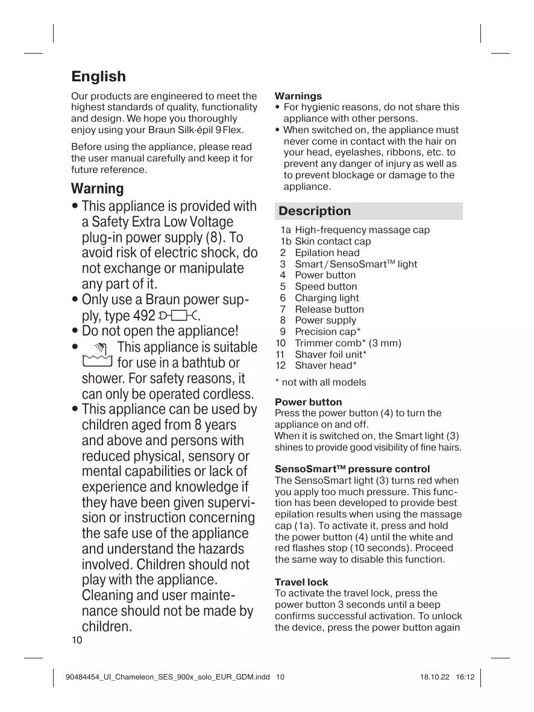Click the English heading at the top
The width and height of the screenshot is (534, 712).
pos(99,77)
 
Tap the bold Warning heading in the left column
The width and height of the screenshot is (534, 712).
pos(97,189)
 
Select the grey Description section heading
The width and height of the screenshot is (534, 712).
pos(315,211)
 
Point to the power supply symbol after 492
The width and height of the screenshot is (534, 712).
pos(178,316)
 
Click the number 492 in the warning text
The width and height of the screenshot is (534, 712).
pos(144,316)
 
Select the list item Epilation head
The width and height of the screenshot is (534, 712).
pos(327,253)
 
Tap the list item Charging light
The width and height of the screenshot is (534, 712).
pos(326,298)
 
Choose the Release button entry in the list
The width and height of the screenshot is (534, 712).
pos(329,310)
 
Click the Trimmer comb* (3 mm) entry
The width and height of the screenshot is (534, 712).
pos(348,343)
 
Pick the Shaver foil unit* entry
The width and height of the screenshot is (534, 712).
pos(330,355)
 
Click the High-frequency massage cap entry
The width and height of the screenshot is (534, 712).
pos(362,230)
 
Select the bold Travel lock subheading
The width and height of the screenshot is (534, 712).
pos(301,582)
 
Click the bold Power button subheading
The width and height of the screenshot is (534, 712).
pos(308,402)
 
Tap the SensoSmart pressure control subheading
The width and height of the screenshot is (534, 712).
pos(352,469)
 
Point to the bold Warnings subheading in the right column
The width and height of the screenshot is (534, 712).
pos(298,96)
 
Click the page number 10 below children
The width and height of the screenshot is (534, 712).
pos(77,640)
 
